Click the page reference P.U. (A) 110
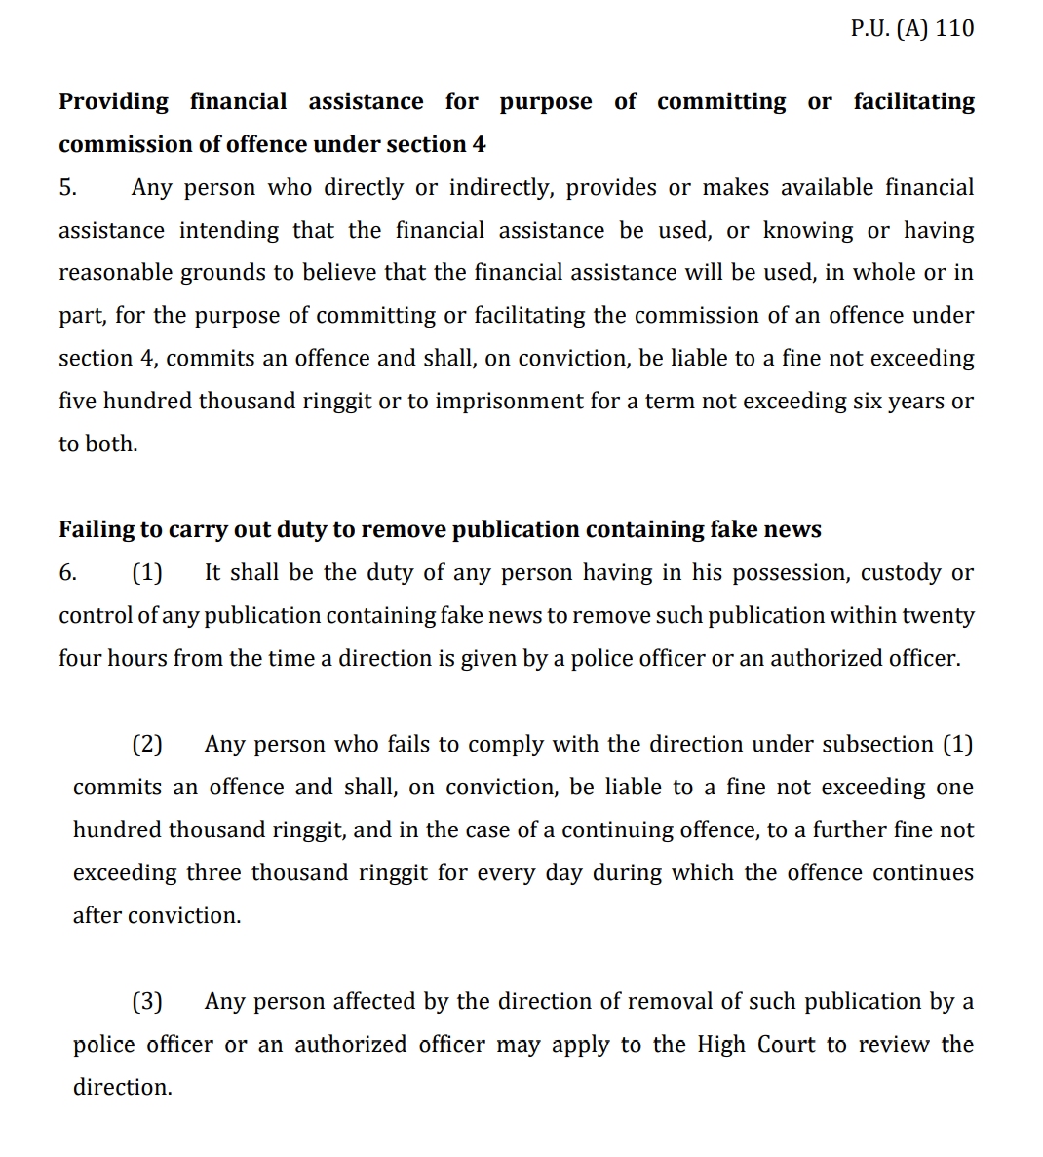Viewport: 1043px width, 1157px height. coord(911,28)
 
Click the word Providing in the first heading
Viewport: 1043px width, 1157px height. coord(113,101)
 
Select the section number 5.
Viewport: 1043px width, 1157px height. coord(67,187)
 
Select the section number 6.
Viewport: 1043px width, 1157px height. coord(67,572)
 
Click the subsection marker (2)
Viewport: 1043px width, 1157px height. coord(147,744)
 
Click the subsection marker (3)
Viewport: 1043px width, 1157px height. coord(147,1001)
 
